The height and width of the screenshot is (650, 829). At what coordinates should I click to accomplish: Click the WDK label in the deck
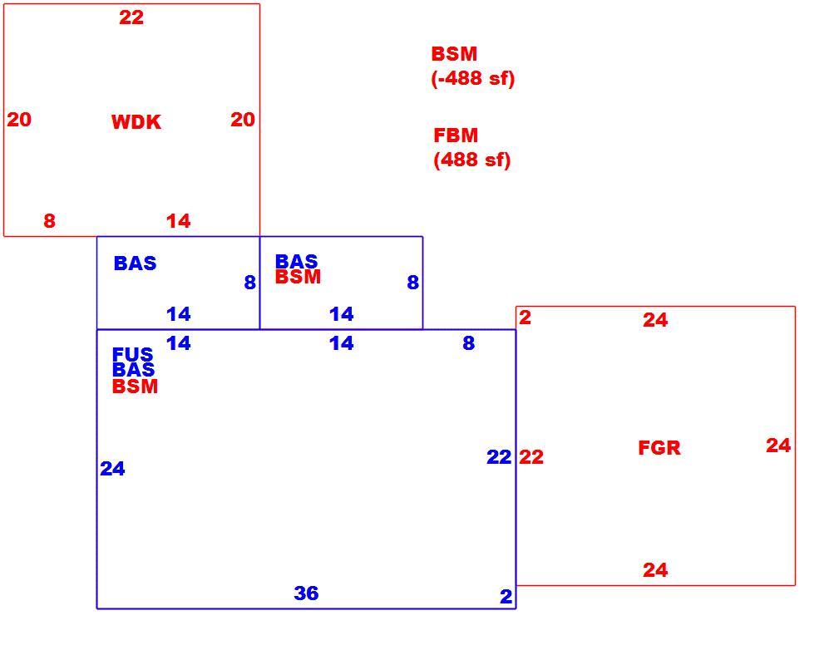tap(136, 122)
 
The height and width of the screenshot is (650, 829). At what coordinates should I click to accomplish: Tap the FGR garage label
tap(659, 448)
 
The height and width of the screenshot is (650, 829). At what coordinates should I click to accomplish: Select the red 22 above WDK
tap(131, 17)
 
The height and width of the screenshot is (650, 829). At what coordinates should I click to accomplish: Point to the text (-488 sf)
tap(473, 79)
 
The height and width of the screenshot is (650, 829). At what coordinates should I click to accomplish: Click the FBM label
tap(456, 135)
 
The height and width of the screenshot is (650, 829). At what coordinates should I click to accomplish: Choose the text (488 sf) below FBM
tap(472, 160)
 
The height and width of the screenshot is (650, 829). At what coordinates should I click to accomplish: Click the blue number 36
tap(307, 593)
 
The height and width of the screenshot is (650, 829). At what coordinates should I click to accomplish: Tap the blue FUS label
tap(133, 353)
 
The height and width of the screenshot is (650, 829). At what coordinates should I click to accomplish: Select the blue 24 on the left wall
tap(112, 469)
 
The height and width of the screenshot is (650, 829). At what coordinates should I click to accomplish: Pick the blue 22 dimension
tap(499, 457)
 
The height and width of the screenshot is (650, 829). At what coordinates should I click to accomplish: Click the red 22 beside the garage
tap(531, 457)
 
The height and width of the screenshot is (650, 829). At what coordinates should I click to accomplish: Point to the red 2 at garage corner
tap(525, 318)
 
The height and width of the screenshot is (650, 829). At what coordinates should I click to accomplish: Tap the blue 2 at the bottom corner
tap(506, 597)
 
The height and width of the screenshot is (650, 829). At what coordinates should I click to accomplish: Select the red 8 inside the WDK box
tap(49, 221)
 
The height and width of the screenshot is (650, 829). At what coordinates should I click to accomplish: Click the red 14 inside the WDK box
tap(179, 221)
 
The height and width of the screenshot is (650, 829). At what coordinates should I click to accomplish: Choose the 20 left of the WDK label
tap(19, 120)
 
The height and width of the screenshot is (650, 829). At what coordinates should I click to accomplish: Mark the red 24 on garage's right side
tap(779, 446)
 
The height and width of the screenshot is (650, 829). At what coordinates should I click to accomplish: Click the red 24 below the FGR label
tap(655, 570)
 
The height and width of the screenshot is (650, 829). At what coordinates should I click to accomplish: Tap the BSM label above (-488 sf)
tap(454, 54)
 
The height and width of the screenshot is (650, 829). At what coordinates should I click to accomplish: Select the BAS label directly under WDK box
tap(136, 263)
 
